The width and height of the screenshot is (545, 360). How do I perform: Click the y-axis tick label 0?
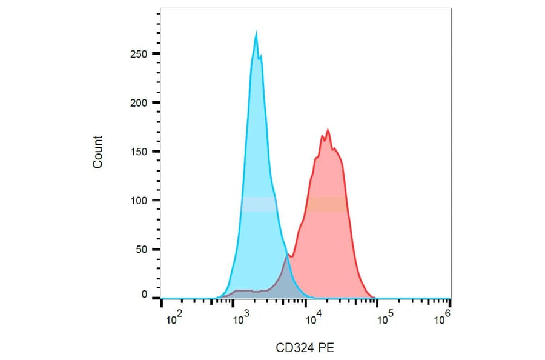(x=144, y=294)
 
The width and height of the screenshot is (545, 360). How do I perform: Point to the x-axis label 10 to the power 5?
(x=383, y=317)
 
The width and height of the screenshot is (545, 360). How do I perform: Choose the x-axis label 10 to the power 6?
(x=444, y=316)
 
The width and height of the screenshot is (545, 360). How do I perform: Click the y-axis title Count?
(x=97, y=152)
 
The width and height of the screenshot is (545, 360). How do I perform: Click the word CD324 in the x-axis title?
(x=294, y=348)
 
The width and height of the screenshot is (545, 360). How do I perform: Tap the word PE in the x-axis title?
(x=327, y=348)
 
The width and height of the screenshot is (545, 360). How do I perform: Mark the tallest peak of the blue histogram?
(x=256, y=33)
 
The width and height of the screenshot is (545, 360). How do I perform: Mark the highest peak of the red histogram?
(x=328, y=130)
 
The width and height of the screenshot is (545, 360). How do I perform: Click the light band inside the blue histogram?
(x=259, y=204)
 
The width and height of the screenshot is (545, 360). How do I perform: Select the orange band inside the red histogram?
(x=326, y=204)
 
